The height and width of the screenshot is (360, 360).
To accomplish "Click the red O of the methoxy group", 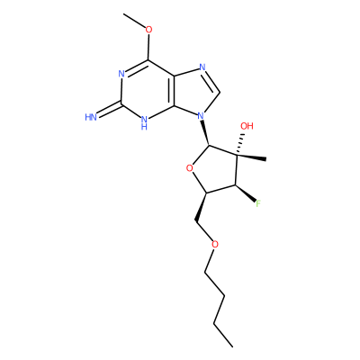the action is [x=148, y=30].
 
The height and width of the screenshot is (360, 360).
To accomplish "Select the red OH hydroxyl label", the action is [x=247, y=126].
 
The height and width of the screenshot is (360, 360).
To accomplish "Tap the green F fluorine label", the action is [x=258, y=204].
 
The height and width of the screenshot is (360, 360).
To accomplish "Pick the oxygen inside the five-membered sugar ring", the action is [x=189, y=168].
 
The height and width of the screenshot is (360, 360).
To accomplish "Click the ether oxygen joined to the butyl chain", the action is [x=215, y=244].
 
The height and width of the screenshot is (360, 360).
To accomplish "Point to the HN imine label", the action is [x=91, y=117].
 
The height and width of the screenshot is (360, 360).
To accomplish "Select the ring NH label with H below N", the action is [x=144, y=122].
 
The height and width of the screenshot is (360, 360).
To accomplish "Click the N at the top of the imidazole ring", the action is [x=202, y=67].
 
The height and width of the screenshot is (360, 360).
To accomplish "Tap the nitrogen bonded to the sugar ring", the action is [x=201, y=115].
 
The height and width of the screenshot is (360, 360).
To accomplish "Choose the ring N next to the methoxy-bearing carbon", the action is [x=121, y=74].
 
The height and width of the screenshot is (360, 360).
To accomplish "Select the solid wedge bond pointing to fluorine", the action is [x=246, y=193].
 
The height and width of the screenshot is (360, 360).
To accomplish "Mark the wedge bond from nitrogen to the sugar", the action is [x=205, y=133].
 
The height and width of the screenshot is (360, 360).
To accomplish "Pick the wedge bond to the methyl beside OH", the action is [x=251, y=157].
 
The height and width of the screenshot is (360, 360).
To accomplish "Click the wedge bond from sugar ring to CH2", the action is [x=202, y=208].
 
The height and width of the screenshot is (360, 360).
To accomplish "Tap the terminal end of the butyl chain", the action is [x=232, y=347].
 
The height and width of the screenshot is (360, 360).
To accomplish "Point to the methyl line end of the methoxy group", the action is [x=123, y=13].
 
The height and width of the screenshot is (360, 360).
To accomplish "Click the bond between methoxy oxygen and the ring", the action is [x=148, y=47].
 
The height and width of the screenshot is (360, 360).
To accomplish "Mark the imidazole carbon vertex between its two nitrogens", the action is [x=220, y=93].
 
